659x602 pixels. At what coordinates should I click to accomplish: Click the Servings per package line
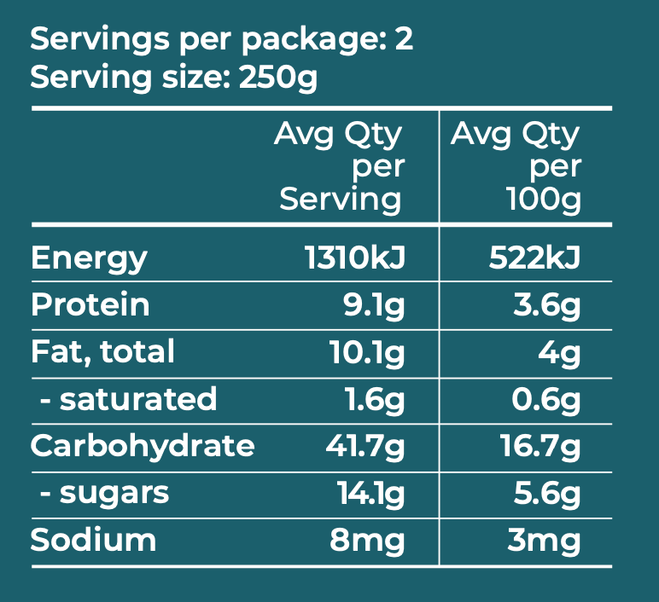pyautogui.click(x=222, y=40)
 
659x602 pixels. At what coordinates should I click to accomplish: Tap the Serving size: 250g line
pyautogui.click(x=174, y=78)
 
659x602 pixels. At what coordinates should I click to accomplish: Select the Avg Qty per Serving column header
pyautogui.click(x=339, y=167)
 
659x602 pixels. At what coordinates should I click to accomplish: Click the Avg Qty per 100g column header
pyautogui.click(x=516, y=167)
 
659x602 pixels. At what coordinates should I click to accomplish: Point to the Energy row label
pyautogui.click(x=89, y=258)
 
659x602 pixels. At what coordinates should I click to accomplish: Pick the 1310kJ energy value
pyautogui.click(x=354, y=258)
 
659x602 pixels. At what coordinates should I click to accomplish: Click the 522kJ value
pyautogui.click(x=535, y=258)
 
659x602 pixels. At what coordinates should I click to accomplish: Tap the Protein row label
pyautogui.click(x=90, y=305)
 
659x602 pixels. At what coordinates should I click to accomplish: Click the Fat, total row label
pyautogui.click(x=102, y=351)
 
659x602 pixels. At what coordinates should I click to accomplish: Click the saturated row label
pyautogui.click(x=128, y=399)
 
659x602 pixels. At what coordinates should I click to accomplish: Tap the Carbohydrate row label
pyautogui.click(x=143, y=445)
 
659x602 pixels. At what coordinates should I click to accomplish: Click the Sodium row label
pyautogui.click(x=94, y=540)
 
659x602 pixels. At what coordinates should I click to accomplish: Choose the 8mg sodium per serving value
pyautogui.click(x=368, y=540)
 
